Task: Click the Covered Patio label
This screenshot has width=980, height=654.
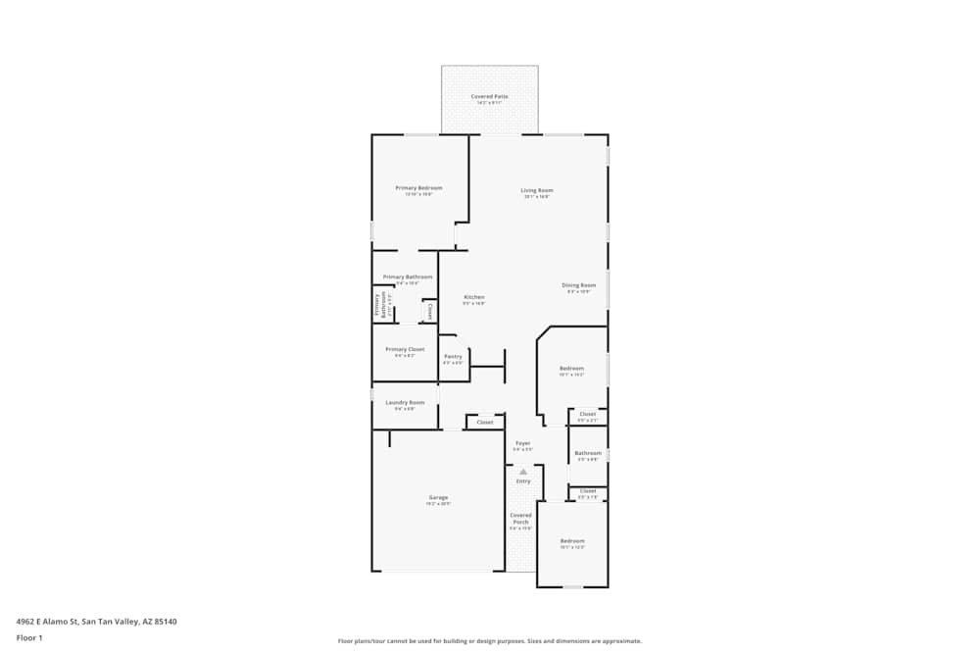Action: [x=489, y=96]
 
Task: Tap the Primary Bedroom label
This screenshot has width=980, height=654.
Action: [x=418, y=188]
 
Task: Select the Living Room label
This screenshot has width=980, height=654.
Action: [x=536, y=190]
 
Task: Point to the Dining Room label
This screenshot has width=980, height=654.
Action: [x=578, y=285]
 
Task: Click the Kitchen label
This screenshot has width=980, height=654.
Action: [x=474, y=297]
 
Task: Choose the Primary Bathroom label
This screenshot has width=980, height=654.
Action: [x=408, y=277]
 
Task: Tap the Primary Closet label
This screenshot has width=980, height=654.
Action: [x=405, y=349]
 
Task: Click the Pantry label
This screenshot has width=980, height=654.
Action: [x=453, y=357]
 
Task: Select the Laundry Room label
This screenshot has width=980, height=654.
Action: [x=405, y=402]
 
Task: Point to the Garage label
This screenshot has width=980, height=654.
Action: [x=438, y=498]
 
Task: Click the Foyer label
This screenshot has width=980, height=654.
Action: [x=522, y=443]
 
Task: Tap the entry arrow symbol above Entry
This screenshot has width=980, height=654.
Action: [x=523, y=472]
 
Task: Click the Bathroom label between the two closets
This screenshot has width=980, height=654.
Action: [x=588, y=453]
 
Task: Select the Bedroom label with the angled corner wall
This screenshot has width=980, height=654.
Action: [x=571, y=369]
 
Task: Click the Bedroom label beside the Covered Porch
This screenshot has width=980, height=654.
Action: [x=572, y=541]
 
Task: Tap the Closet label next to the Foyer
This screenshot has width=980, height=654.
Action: [x=485, y=423]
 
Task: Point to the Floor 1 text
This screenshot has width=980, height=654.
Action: [x=29, y=637]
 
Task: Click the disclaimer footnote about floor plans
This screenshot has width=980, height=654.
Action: [x=489, y=641]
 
